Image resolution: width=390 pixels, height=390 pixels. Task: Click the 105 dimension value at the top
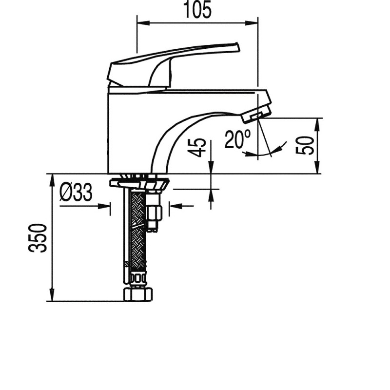[197, 10]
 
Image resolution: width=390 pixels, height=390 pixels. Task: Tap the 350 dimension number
[38, 238]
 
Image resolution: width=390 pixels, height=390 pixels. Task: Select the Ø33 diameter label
[76, 192]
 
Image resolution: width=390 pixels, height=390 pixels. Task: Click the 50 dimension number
[305, 145]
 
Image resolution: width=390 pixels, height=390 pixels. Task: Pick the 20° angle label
[237, 139]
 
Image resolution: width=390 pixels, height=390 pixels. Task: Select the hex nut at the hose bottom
[138, 294]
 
